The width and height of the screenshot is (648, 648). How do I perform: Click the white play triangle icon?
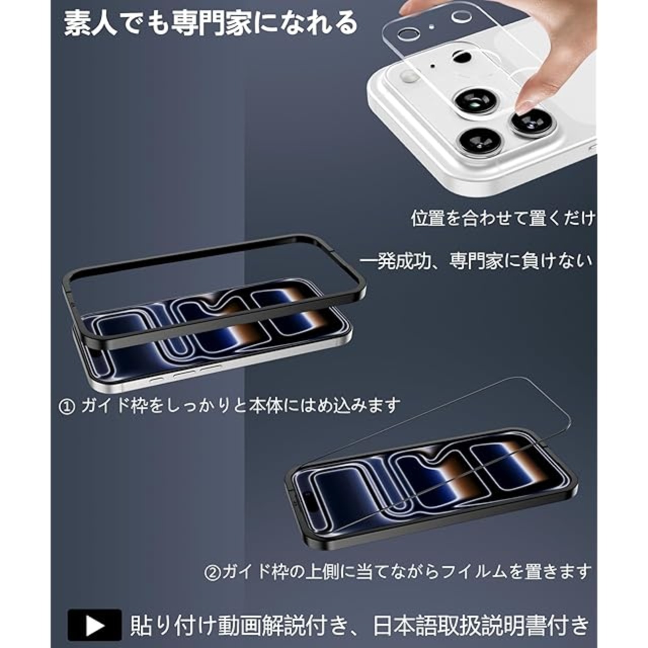(95, 626)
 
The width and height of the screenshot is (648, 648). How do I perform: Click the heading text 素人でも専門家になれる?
(211, 24)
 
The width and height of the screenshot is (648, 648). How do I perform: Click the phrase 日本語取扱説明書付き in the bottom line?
(481, 626)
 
